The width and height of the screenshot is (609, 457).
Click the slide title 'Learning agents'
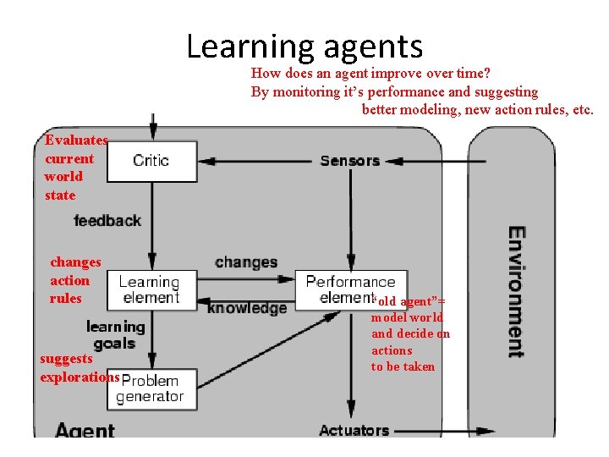coord(304,46)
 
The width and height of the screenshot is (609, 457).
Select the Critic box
coord(152,161)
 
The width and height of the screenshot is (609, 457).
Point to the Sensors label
coord(349,160)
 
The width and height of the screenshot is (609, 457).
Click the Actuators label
coord(354,430)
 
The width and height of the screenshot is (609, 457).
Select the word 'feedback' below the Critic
coord(107,220)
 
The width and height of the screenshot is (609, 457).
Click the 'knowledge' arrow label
coord(247,308)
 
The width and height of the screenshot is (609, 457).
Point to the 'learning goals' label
coord(116,335)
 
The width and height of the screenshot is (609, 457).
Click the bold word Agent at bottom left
coord(85,430)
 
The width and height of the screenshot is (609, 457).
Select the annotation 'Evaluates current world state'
coord(75,168)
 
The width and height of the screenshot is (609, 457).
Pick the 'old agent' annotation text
coord(410,333)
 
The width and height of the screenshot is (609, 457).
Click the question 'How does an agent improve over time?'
coord(371,74)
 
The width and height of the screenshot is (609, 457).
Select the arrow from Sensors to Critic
coord(254,161)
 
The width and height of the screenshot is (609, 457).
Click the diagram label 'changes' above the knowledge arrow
coord(246,262)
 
